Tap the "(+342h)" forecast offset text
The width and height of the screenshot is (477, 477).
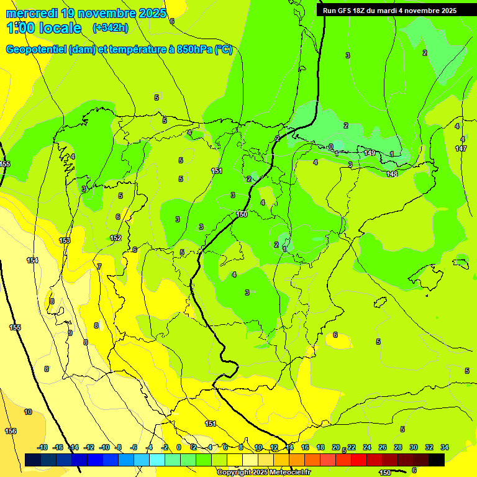pyautogui.click(x=111, y=27)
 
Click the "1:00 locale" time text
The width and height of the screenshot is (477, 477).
pyautogui.click(x=43, y=28)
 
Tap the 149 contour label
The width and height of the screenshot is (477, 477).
pyautogui.click(x=370, y=153)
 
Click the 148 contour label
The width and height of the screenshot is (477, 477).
pyautogui.click(x=392, y=174)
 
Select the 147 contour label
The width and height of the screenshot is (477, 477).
pyautogui.click(x=461, y=148)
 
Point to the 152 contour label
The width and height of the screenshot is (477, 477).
pyautogui.click(x=116, y=238)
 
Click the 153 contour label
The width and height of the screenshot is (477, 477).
pyautogui.click(x=65, y=240)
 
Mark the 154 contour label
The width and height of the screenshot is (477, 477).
pyautogui.click(x=32, y=260)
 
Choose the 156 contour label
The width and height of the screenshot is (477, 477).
pyautogui.click(x=11, y=431)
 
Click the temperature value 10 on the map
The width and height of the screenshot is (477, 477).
pyautogui.click(x=28, y=412)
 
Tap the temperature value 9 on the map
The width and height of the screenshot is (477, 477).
pyautogui.click(x=70, y=333)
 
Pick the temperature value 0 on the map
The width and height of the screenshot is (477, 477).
pyautogui.click(x=331, y=147)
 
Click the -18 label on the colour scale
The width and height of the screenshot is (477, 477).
pyautogui.click(x=42, y=447)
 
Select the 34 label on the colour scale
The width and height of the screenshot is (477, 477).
pyautogui.click(x=445, y=447)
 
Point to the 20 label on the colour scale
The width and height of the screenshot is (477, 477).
pyautogui.click(x=336, y=447)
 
